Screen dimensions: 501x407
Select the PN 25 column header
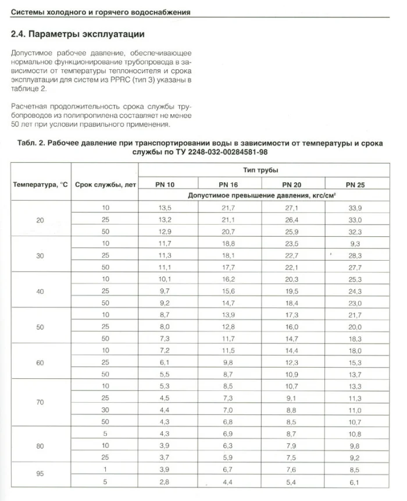354,184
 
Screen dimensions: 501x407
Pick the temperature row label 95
40,474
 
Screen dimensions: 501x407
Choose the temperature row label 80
40,445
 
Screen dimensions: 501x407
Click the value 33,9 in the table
354,208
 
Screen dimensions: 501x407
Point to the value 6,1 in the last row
354,482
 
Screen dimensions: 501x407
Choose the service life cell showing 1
106,469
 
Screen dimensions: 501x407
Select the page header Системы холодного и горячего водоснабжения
101,12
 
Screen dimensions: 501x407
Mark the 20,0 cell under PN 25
354,326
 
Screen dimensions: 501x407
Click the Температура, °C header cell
40,184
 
